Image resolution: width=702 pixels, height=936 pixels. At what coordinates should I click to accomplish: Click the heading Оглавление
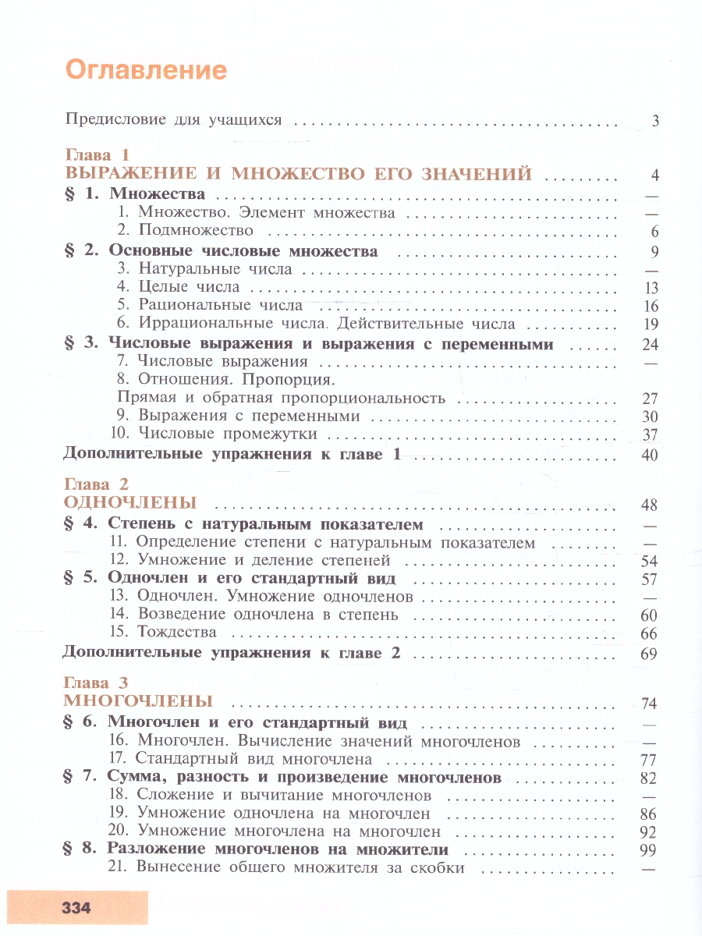tap(146, 70)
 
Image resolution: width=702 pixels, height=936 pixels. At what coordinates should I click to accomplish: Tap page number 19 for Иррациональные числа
tap(651, 324)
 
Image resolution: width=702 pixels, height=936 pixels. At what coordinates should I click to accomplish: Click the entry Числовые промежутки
tap(227, 434)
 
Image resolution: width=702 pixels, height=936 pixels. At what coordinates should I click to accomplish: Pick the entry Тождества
tap(176, 632)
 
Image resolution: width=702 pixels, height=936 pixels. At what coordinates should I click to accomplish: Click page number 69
tap(650, 654)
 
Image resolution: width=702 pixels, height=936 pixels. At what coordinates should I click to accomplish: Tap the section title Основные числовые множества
tap(243, 251)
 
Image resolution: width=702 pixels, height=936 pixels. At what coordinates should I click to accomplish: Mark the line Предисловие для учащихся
tap(172, 120)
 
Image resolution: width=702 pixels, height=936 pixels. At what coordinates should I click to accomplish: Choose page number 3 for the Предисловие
tap(655, 121)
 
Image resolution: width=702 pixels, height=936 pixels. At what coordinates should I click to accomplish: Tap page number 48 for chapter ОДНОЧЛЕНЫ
tap(650, 505)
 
